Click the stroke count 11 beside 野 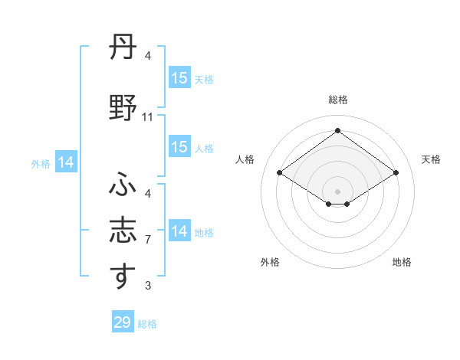coord(148,117)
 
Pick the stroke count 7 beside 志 coord(148,240)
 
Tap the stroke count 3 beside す coord(148,286)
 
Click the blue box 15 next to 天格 coord(179,77)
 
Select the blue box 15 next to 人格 coord(179,147)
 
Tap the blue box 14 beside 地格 coord(179,231)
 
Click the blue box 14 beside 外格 coord(66,162)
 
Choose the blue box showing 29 coord(123,322)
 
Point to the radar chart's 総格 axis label coord(337,100)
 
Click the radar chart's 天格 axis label coord(431,159)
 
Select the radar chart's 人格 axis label coord(245,159)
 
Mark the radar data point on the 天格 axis coord(396,173)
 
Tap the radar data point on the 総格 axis coord(337,130)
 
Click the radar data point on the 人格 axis coord(280,173)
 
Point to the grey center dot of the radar coord(337,191)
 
